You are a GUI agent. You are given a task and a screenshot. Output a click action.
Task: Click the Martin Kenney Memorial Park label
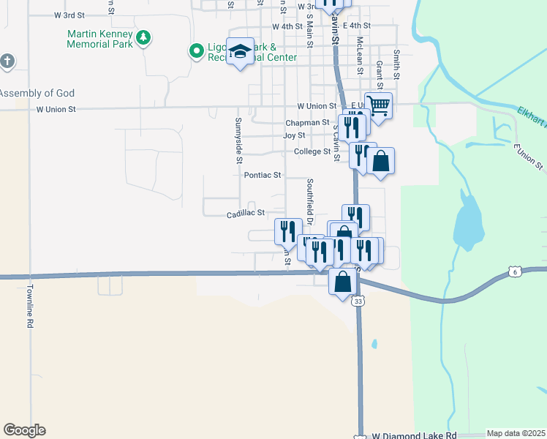point(99,39)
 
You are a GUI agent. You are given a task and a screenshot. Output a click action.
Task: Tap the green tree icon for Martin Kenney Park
point(144,37)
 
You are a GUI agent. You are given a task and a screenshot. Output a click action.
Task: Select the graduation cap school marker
point(240,51)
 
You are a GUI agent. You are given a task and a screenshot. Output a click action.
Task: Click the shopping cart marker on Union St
point(377,105)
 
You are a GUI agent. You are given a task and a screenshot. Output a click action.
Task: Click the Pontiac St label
point(263,176)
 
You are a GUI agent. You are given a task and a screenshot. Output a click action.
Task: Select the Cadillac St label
point(245,213)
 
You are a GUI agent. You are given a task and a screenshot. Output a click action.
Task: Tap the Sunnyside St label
point(238,139)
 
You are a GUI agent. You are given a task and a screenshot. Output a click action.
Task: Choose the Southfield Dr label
point(310,201)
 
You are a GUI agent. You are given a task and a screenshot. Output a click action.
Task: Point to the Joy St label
point(294,135)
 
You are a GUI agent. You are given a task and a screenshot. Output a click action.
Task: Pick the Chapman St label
point(307,122)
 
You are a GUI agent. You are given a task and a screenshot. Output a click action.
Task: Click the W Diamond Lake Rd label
point(414,435)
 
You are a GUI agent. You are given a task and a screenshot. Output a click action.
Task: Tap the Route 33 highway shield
point(358,301)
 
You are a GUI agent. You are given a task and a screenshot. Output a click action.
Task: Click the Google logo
point(24,430)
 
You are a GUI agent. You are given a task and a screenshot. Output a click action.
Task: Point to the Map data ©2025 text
point(516,433)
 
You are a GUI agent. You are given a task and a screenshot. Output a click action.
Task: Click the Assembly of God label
point(37,93)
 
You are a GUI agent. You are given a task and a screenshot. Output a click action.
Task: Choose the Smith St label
point(396,64)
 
